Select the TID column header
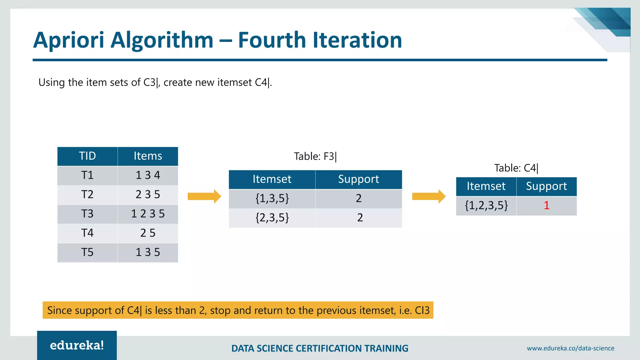(87, 156)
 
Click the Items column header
(148, 156)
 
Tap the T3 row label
(87, 214)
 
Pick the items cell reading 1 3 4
(148, 175)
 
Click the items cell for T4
(148, 233)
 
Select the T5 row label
(87, 252)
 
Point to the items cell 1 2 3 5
(148, 214)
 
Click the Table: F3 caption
(315, 156)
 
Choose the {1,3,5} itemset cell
(272, 198)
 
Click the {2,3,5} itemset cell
(272, 217)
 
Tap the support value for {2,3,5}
(360, 217)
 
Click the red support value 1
(546, 206)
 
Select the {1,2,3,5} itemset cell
(486, 206)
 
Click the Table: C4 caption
(516, 168)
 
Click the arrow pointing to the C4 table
(429, 196)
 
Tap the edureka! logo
(77, 345)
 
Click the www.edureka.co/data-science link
(570, 348)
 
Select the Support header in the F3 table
(358, 179)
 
